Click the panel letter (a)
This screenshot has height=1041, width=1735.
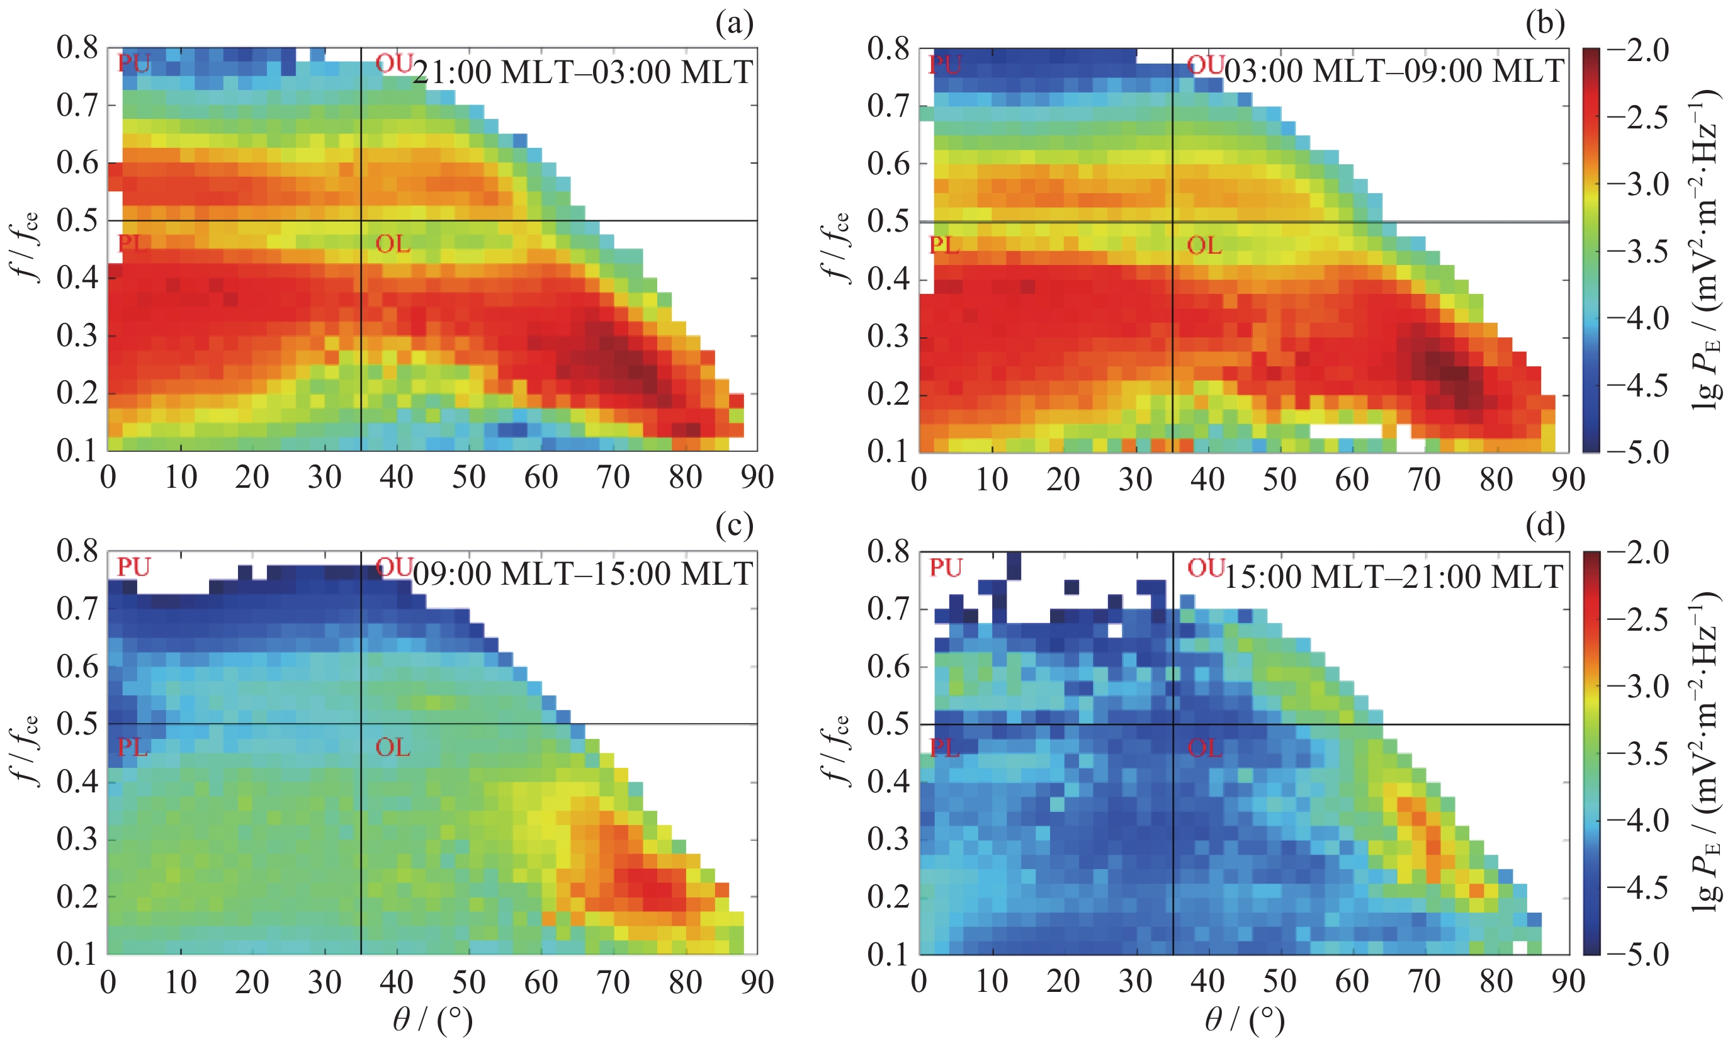click(x=734, y=25)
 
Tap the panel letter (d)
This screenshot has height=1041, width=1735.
click(x=1545, y=526)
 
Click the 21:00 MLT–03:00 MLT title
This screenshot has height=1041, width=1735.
click(x=582, y=72)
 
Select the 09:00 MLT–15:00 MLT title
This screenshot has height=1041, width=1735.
click(x=582, y=575)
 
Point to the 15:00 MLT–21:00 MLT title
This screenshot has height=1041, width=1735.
click(x=1393, y=577)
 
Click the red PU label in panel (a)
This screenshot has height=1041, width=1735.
click(x=134, y=63)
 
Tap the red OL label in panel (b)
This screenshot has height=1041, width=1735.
click(x=1204, y=245)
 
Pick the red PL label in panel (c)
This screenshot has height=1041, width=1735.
click(x=133, y=747)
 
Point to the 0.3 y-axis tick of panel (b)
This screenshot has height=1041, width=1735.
click(x=888, y=336)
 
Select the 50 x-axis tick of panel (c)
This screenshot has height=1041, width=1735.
click(x=468, y=982)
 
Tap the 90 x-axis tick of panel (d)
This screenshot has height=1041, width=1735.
click(x=1568, y=982)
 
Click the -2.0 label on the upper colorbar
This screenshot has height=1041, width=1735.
click(x=1638, y=50)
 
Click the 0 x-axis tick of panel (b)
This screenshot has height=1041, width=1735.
click(x=919, y=480)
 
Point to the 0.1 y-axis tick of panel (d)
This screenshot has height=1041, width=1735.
click(x=888, y=954)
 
